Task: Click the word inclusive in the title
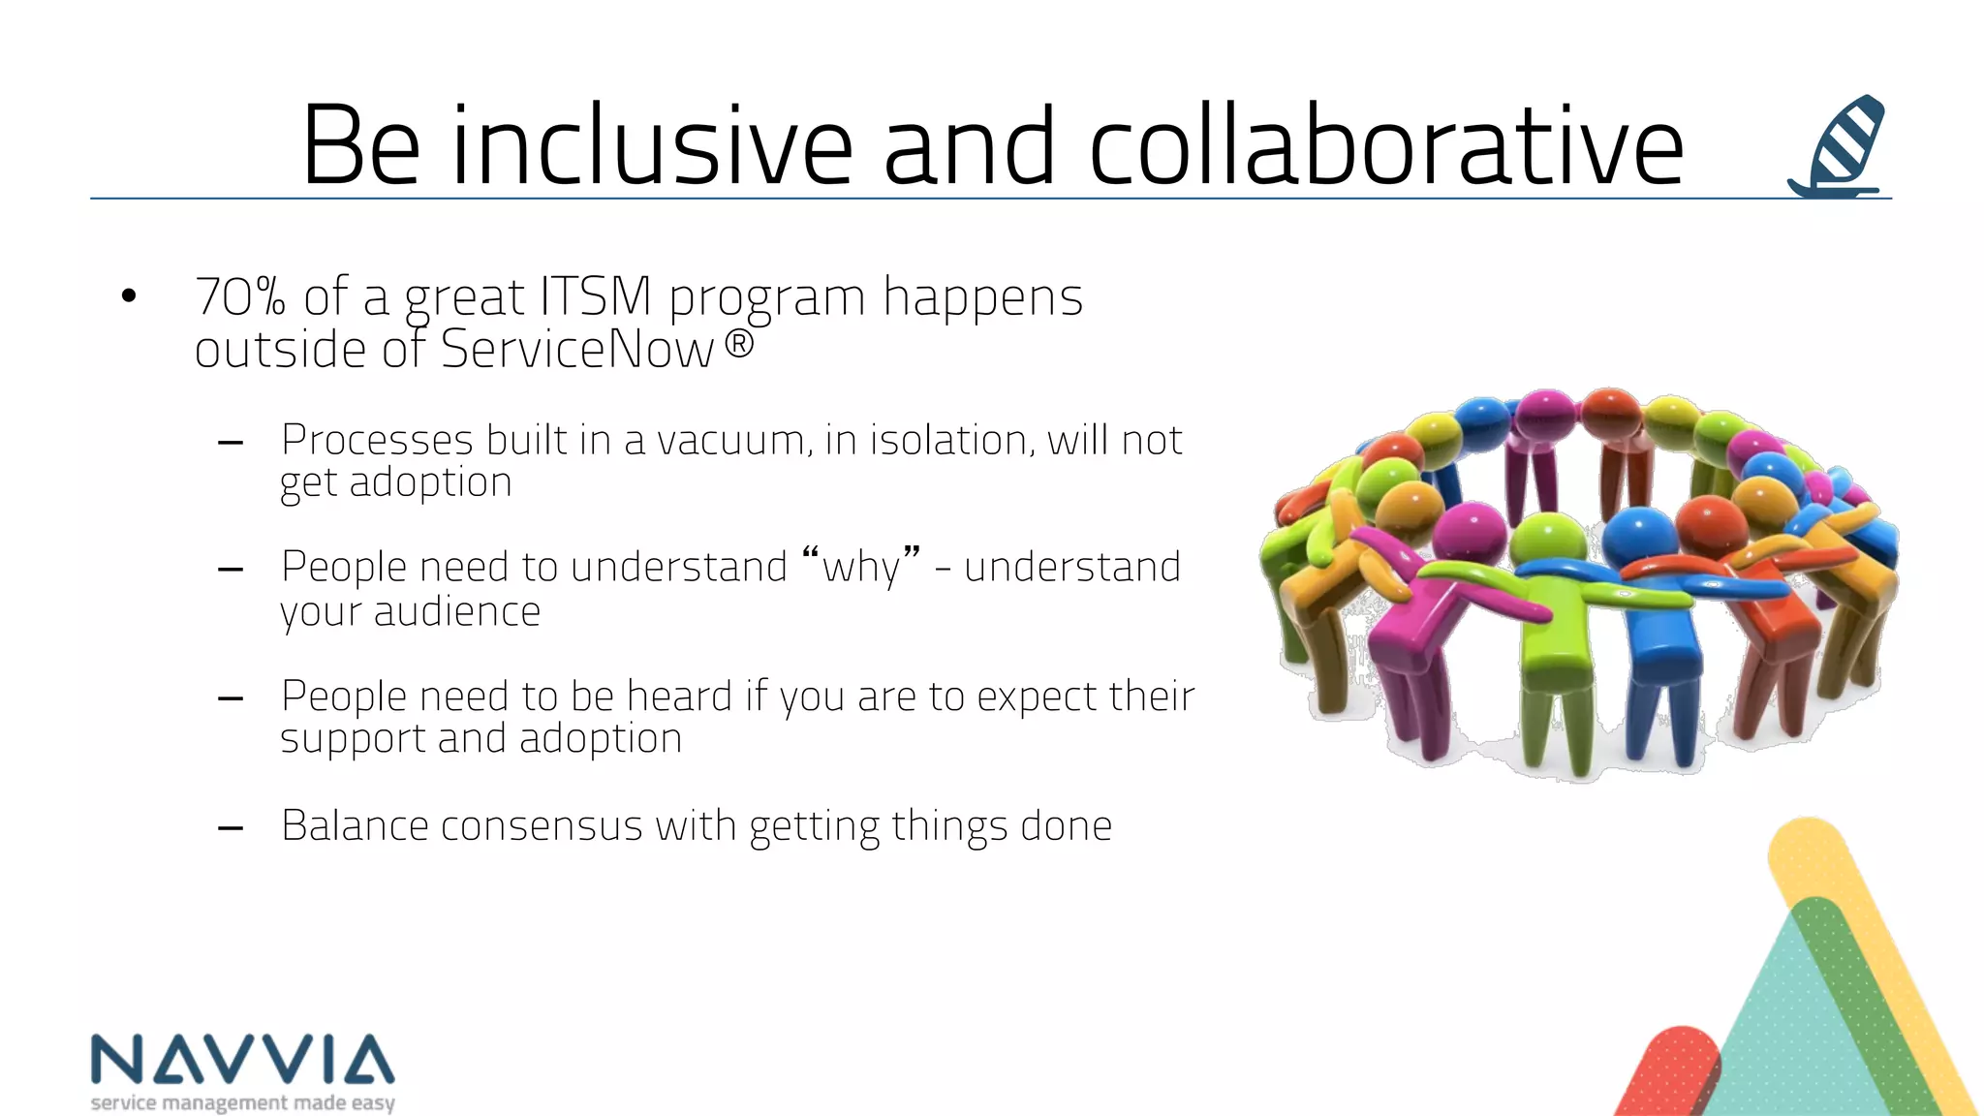coord(651,147)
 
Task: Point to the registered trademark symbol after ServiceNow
coord(739,344)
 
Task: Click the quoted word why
coord(860,567)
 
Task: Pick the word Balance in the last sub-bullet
coord(355,826)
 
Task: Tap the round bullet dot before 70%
coord(129,296)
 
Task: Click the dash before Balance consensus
coord(231,828)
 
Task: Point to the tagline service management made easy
coord(242,1102)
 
